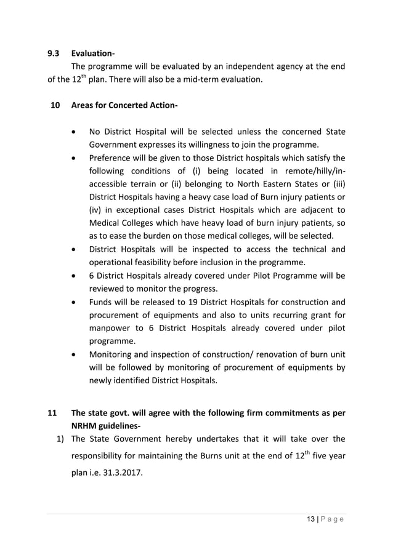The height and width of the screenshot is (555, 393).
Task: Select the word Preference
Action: coord(111,158)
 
